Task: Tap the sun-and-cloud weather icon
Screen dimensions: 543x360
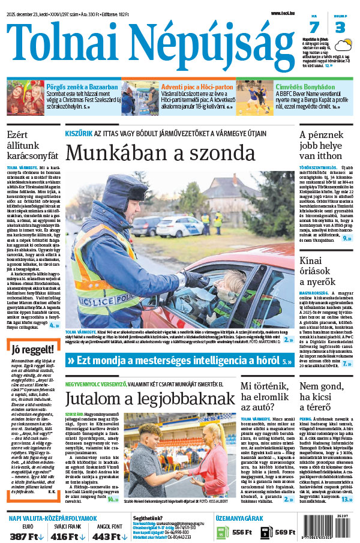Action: [x=344, y=45]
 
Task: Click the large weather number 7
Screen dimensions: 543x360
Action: [x=314, y=28]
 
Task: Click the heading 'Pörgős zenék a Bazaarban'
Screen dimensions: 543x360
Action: [x=82, y=87]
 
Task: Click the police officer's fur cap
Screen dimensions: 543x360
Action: [x=122, y=190]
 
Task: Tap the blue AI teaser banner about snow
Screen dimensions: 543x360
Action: [x=179, y=361]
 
